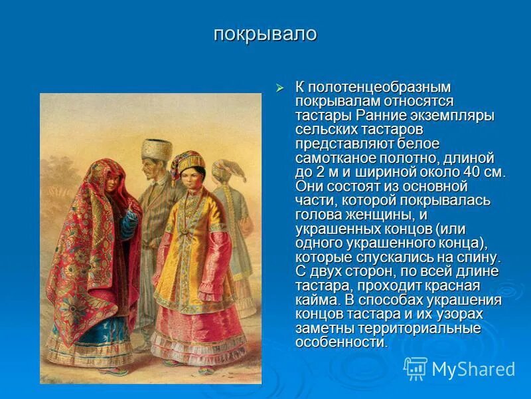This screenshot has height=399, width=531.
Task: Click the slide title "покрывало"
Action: [265, 35]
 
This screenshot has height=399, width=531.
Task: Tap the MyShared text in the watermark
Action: [473, 368]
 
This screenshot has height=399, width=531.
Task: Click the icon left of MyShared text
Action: [415, 368]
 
